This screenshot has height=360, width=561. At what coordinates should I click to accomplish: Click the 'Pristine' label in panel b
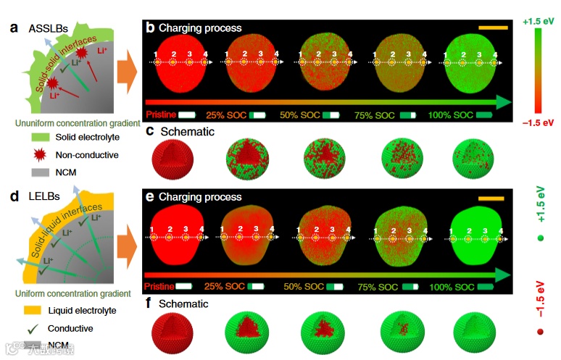click(x=162, y=114)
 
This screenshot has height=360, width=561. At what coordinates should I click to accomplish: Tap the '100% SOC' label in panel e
click(x=448, y=287)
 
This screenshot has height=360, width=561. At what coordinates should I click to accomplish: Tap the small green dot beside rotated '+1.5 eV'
click(x=540, y=238)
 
